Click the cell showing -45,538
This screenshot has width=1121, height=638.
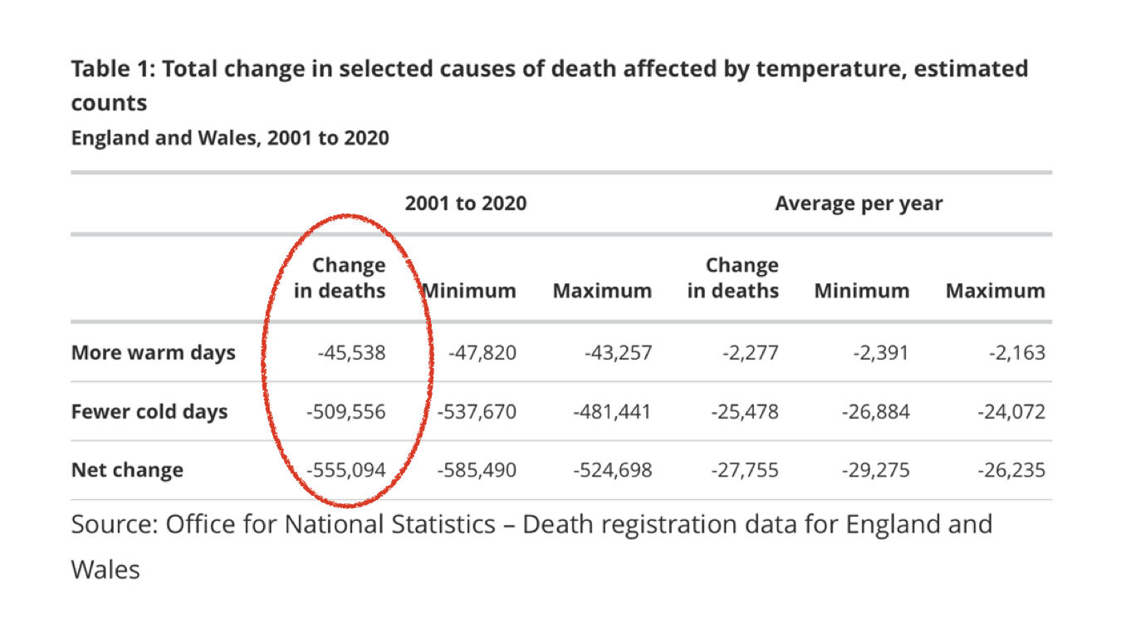(352, 352)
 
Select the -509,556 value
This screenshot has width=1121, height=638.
(345, 412)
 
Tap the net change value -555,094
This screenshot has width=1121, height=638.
(345, 470)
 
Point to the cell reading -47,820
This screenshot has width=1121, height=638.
(482, 352)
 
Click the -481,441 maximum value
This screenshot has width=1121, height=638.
(612, 412)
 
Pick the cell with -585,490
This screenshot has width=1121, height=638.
(477, 470)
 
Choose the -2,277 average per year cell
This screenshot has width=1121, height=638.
(750, 352)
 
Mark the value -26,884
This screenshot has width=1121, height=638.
(875, 412)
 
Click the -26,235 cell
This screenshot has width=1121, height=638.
(1011, 470)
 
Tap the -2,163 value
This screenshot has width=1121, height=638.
(1017, 352)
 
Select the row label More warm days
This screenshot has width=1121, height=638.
(153, 352)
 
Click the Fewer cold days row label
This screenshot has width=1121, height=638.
(149, 412)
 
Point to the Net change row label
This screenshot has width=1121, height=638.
(127, 470)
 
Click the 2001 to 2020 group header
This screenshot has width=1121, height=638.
(465, 204)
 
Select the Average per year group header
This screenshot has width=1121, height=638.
(859, 204)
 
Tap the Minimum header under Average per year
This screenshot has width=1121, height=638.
(862, 291)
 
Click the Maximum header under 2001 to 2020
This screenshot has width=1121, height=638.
(602, 291)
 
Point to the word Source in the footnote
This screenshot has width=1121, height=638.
(115, 524)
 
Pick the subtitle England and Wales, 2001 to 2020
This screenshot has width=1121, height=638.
(230, 138)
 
